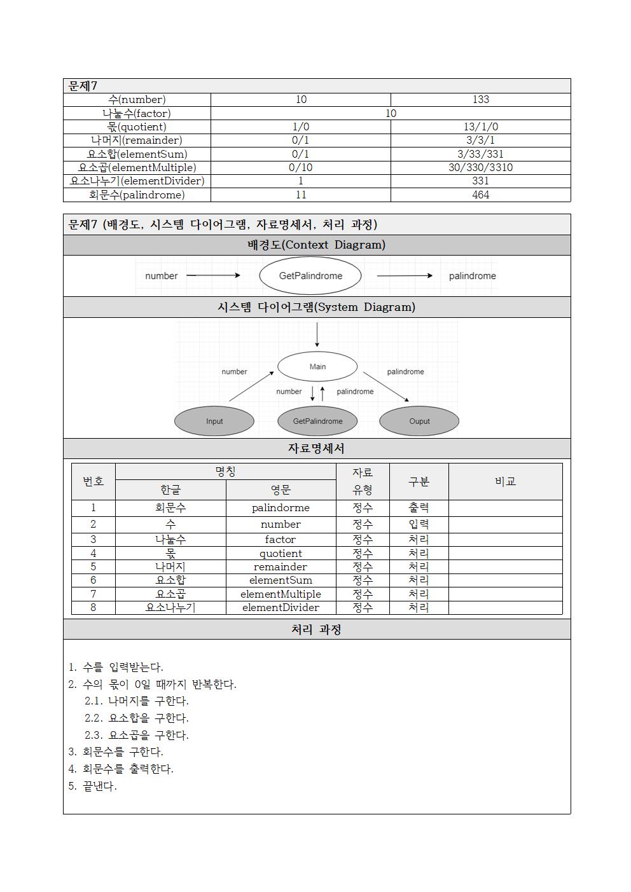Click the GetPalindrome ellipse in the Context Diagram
(x=310, y=276)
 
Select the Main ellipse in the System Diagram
(x=317, y=367)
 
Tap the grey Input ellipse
(x=214, y=422)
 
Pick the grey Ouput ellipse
(x=419, y=422)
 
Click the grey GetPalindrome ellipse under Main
(x=317, y=422)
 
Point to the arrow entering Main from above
(x=317, y=335)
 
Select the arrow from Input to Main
(x=251, y=387)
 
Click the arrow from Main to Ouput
(x=386, y=387)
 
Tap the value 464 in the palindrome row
(x=480, y=195)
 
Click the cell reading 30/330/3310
(x=480, y=167)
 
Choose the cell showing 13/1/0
(x=480, y=127)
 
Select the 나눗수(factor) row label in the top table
(x=137, y=113)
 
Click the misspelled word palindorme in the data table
(x=281, y=508)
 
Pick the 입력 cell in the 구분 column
(x=419, y=525)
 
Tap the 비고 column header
(x=505, y=481)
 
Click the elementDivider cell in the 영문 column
(x=281, y=608)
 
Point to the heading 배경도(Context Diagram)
(x=316, y=245)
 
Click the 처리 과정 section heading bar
(x=316, y=629)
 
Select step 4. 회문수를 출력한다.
(x=121, y=769)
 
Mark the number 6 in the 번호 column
(x=93, y=580)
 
